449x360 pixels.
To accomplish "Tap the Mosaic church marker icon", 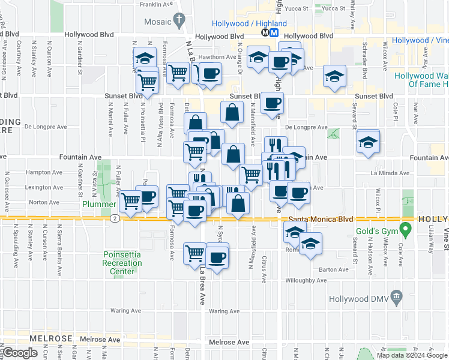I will tap(178, 22).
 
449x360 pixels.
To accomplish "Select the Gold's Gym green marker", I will tap(406, 229).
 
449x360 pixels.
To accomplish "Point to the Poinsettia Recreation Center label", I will tap(122, 263).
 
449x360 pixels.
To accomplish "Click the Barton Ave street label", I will tap(334, 270).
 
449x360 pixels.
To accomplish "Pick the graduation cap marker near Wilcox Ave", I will tap(368, 142).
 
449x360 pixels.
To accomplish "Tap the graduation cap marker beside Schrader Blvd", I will tap(334, 76).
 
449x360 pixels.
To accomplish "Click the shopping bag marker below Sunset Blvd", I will tap(232, 112).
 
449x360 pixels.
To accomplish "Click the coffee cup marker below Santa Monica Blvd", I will tap(217, 257).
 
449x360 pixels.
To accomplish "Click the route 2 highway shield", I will tap(115, 218).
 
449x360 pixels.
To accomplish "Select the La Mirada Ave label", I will tap(390, 173).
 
